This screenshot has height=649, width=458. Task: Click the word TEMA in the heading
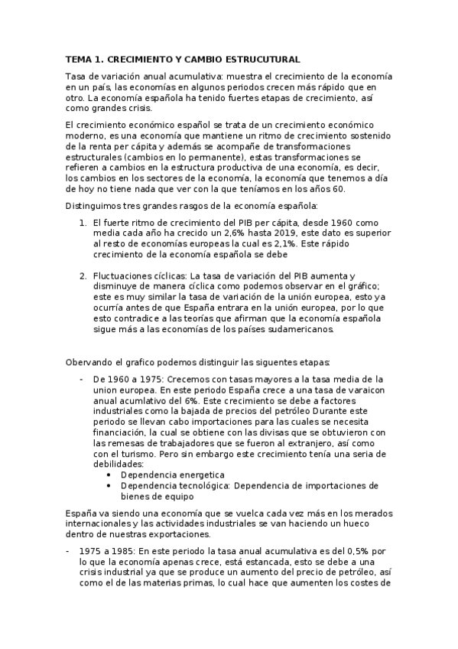pos(77,59)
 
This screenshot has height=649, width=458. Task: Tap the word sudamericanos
pos(299,329)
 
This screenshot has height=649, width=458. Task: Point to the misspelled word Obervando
pos(89,362)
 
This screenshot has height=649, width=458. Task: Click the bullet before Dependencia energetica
pos(112,475)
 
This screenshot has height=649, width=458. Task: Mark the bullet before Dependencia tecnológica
pos(112,485)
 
